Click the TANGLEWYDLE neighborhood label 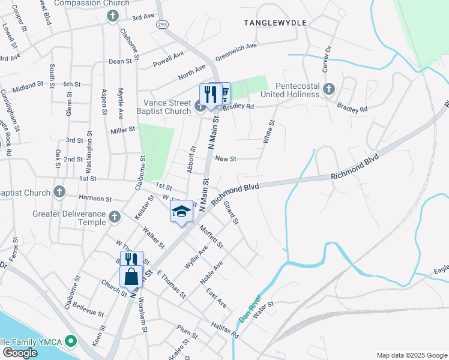[x=275, y=22]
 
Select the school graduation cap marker [x=181, y=211]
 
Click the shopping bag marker [x=131, y=277]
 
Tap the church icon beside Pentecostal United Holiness [x=328, y=89]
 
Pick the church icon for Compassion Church [x=112, y=16]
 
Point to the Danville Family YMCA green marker [x=71, y=341]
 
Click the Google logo [x=20, y=353]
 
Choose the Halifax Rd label [x=225, y=331]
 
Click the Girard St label [x=231, y=213]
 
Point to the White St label [x=268, y=131]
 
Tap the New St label [x=226, y=158]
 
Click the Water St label [x=263, y=308]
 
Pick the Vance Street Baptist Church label [x=167, y=106]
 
